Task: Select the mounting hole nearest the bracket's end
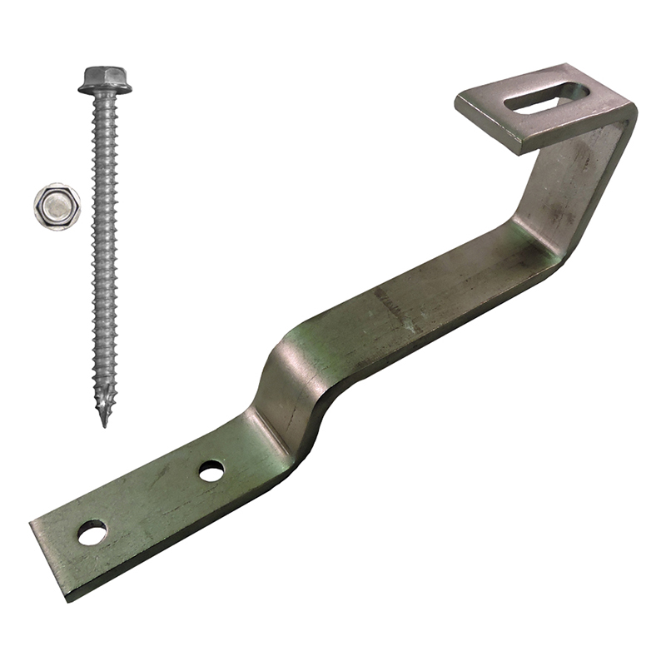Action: click(92, 532)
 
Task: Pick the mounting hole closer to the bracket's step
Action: click(211, 470)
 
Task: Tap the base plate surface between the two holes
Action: click(154, 499)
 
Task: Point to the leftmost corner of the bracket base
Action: click(31, 524)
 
